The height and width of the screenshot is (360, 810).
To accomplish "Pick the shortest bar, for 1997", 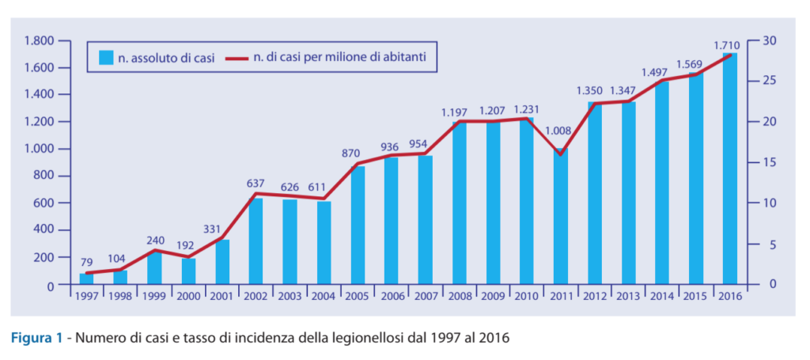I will pyautogui.click(x=86, y=279).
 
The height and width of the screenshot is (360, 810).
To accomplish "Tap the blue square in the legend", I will pyautogui.click(x=105, y=57).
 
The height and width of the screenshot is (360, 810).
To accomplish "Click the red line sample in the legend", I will pyautogui.click(x=237, y=57).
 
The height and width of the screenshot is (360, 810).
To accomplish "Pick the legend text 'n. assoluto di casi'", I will pyautogui.click(x=166, y=57).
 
